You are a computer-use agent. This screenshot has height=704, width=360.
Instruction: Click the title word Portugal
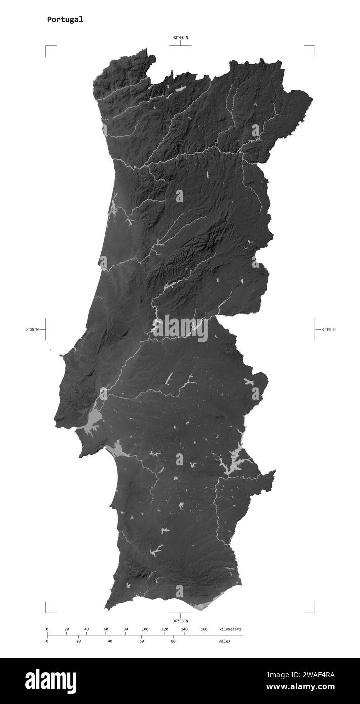65,20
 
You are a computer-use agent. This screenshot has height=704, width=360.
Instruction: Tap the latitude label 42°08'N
180,37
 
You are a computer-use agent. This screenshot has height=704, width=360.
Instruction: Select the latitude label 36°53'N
180,621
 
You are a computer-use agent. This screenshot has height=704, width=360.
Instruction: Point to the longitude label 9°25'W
32,329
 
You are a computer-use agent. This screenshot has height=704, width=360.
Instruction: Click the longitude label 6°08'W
328,329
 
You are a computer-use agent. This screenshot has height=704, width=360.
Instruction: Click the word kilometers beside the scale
230,629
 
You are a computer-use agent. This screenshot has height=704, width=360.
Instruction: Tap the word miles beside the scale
224,641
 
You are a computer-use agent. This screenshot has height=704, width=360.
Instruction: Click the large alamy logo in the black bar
51,681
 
